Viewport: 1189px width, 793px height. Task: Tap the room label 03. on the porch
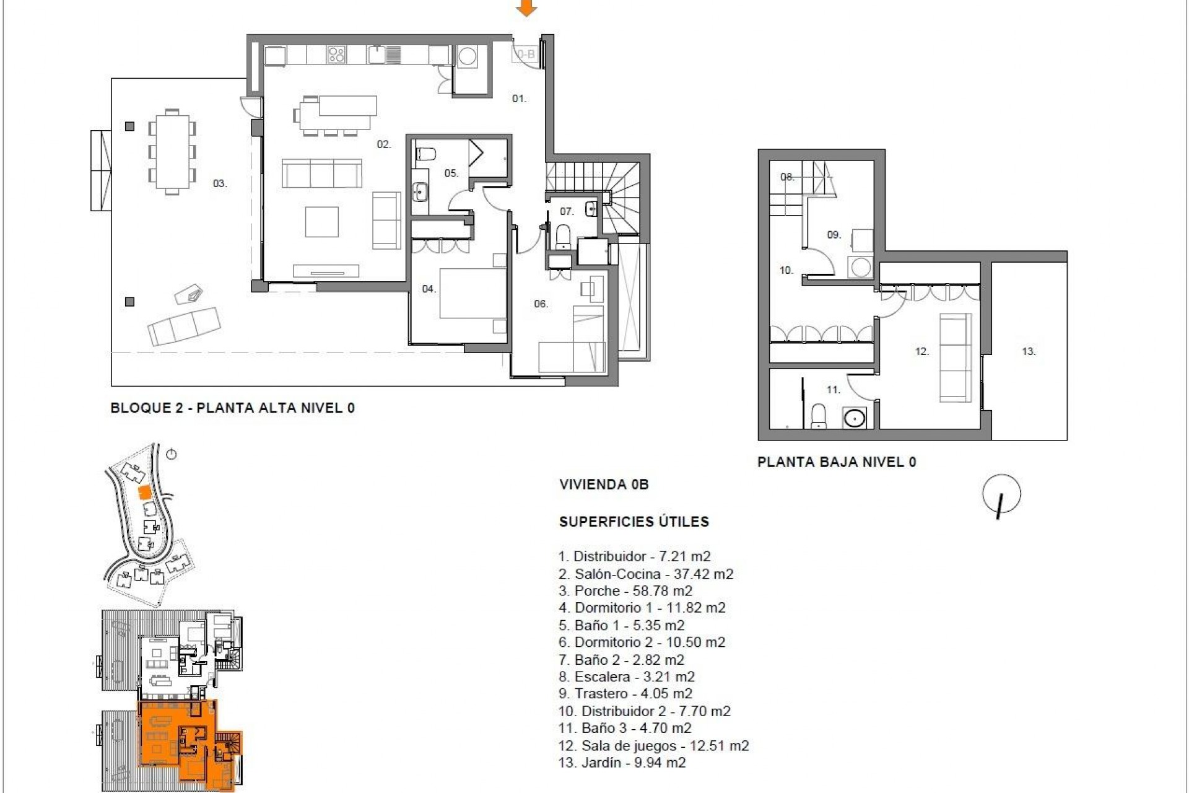pos(220,183)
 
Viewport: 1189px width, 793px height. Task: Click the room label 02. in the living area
pos(384,144)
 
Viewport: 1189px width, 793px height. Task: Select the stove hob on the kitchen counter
pos(337,55)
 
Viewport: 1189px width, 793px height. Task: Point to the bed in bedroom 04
pos(473,293)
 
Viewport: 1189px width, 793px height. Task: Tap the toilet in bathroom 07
pos(563,236)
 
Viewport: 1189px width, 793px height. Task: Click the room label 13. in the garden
pos(1029,351)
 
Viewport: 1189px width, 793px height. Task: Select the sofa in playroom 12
pos(955,357)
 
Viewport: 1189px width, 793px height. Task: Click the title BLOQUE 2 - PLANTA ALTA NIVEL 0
pos(232,408)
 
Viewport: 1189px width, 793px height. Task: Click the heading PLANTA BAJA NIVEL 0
pos(836,462)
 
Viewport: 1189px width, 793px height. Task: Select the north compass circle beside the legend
pos(1001,494)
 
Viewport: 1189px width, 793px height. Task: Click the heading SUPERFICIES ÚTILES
pos(634,522)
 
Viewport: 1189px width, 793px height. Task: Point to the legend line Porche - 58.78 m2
pos(625,590)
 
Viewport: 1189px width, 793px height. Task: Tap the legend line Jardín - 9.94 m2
pos(622,763)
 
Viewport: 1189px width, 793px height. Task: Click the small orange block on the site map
pos(143,493)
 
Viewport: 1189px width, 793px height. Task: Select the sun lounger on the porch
pos(184,326)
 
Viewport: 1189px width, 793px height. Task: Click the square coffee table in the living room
pos(322,222)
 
